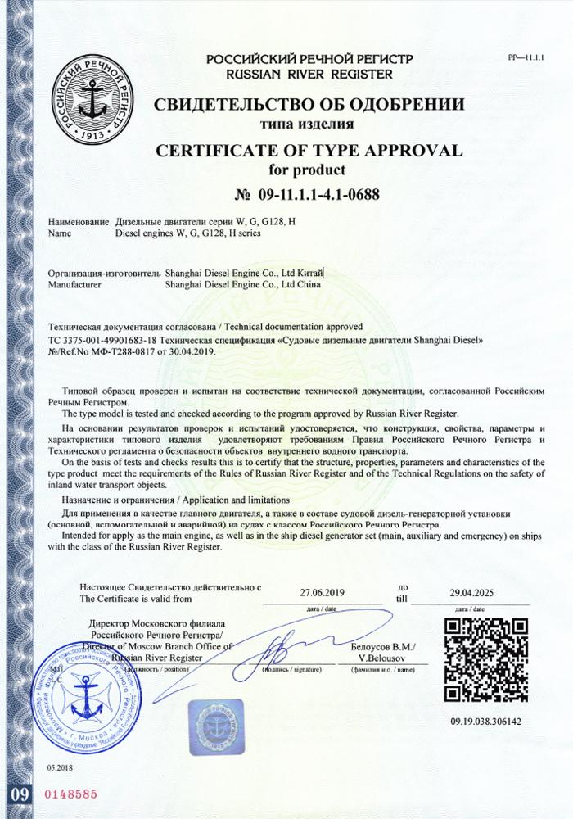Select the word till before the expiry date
[x=401, y=599]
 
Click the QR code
[x=485, y=664]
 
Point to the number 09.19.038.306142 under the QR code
[x=485, y=722]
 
